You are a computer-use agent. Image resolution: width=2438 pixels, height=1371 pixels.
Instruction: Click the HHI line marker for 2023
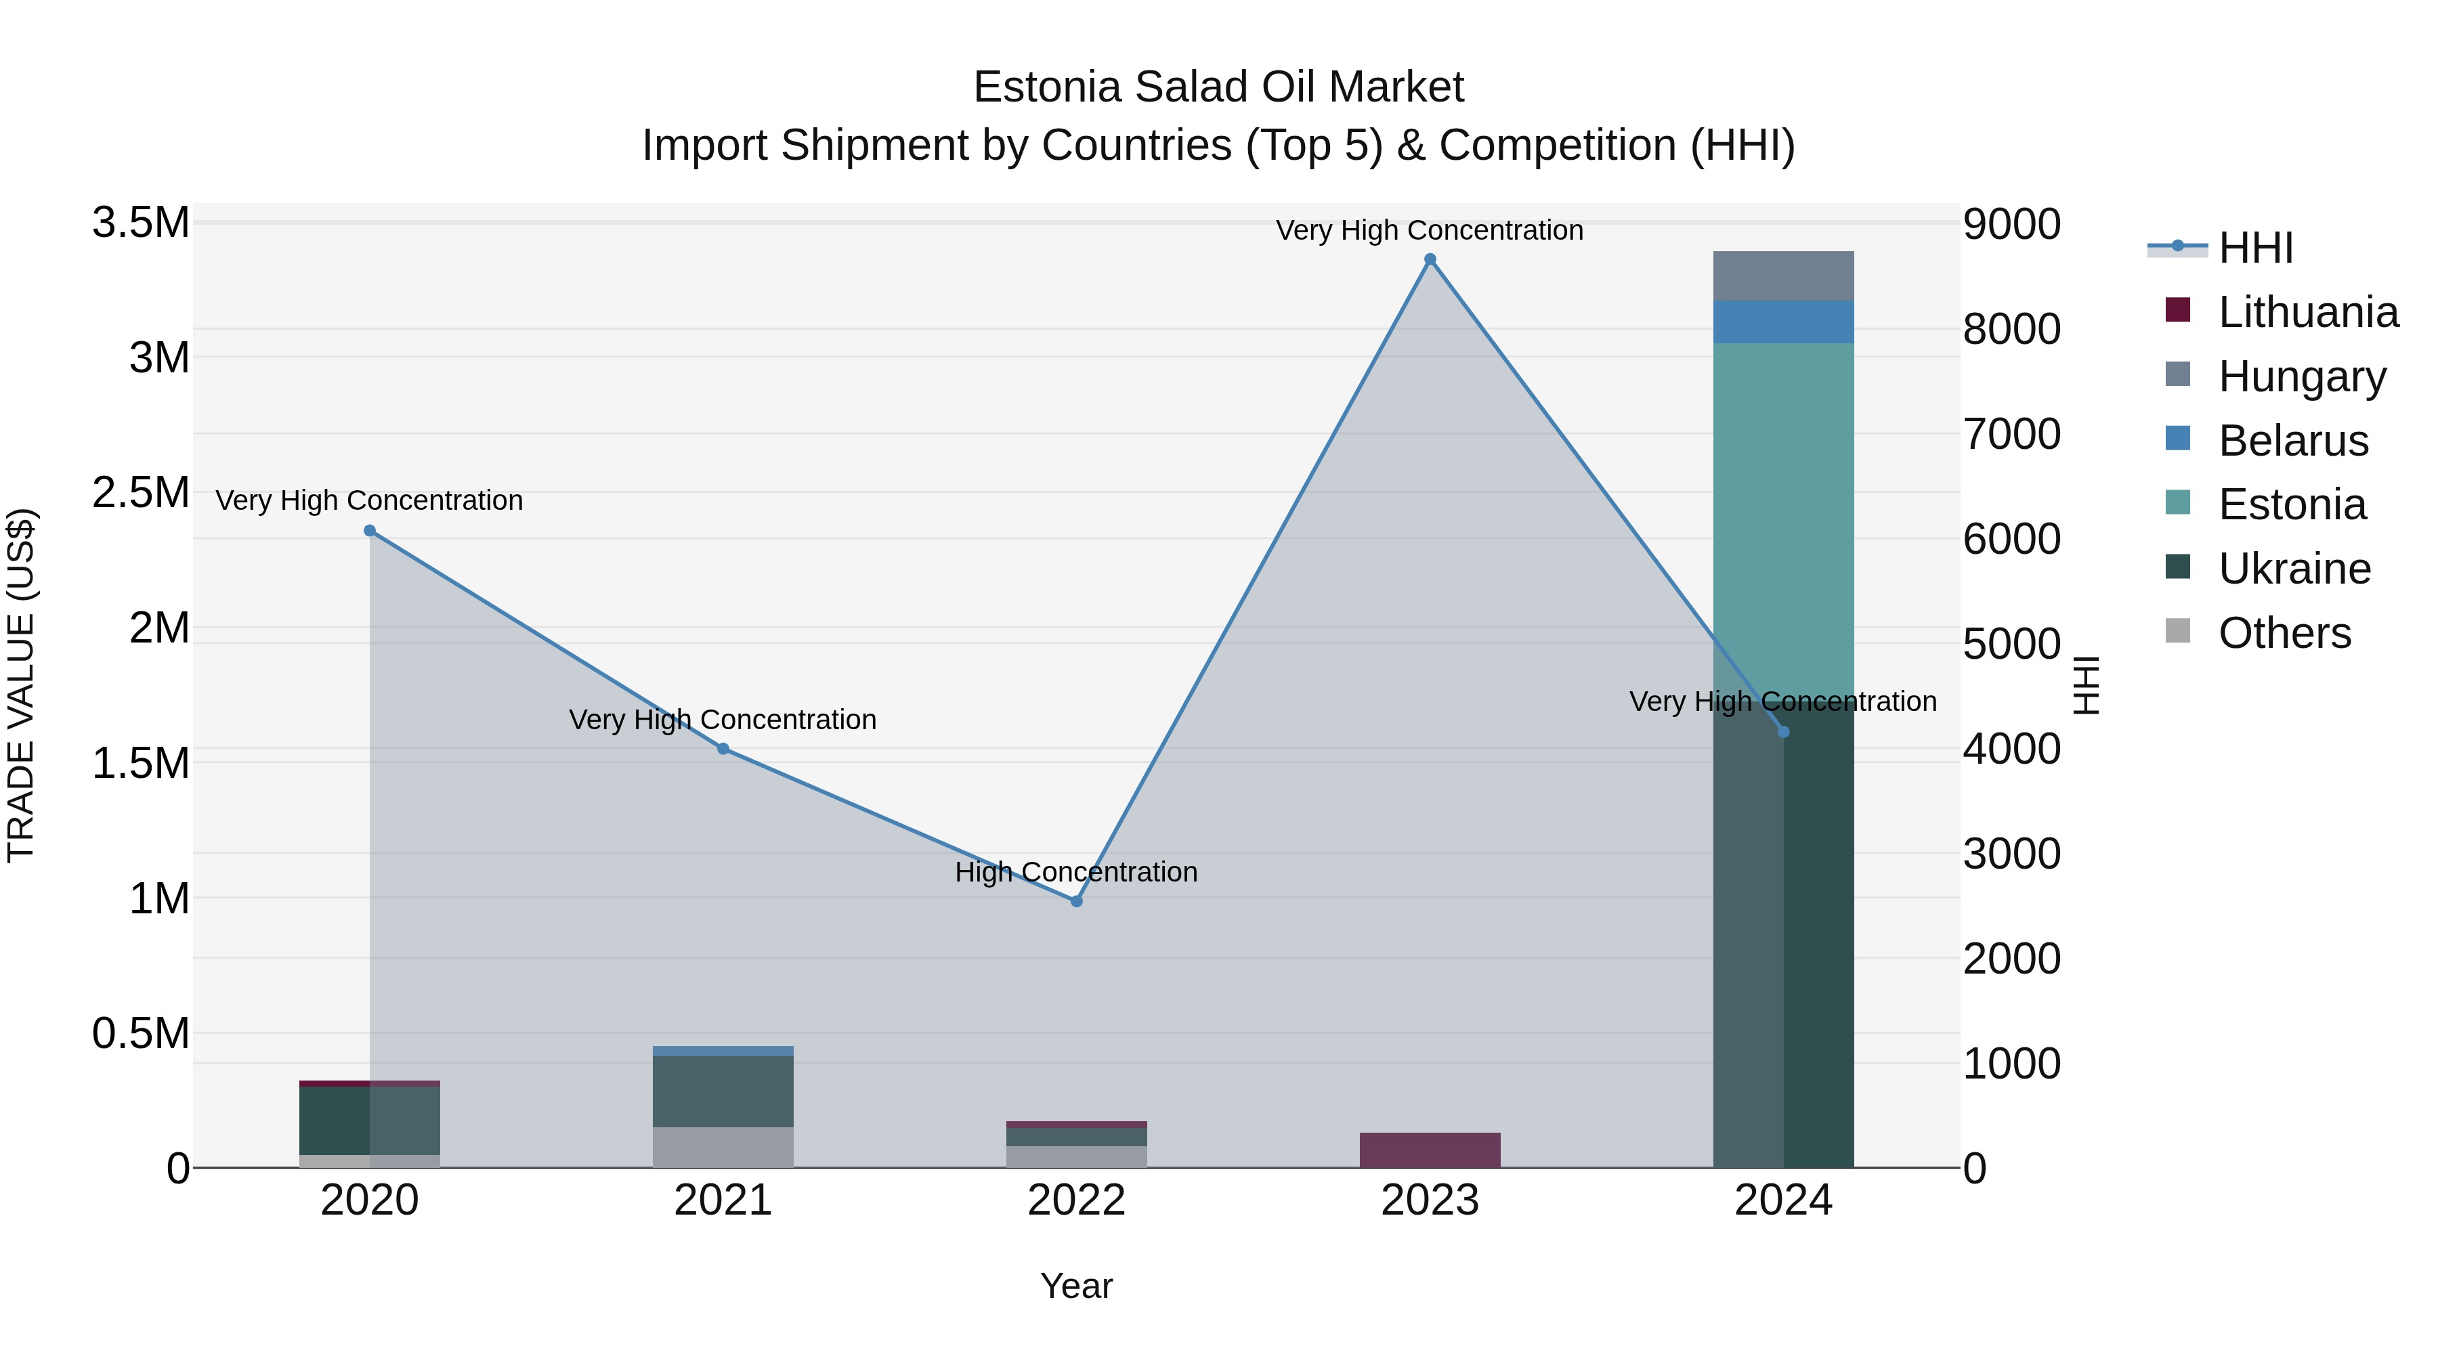(1429, 259)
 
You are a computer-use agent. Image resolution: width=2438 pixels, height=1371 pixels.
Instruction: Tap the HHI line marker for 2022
(1076, 900)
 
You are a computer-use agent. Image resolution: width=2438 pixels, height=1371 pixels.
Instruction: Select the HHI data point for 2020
(369, 531)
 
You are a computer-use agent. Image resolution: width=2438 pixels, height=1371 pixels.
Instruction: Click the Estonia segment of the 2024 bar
(1783, 521)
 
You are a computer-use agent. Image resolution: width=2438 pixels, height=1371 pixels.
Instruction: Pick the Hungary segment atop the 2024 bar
(1783, 276)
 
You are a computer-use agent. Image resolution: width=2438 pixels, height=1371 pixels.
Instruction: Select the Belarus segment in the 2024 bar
(1783, 322)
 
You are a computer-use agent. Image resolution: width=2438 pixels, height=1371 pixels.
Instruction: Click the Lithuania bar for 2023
(1429, 1150)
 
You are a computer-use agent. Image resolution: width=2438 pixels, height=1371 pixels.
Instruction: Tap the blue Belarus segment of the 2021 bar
(723, 1051)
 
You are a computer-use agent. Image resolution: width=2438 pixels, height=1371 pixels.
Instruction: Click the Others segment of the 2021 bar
(723, 1147)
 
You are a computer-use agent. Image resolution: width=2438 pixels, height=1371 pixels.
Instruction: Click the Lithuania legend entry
(2307, 312)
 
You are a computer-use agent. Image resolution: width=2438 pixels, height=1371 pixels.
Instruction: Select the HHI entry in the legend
(2254, 248)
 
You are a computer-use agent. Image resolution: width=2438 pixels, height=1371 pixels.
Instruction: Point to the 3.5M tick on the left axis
(140, 223)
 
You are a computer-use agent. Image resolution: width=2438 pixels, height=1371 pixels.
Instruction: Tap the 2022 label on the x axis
(1076, 1200)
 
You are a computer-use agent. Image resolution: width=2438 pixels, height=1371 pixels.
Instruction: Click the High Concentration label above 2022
(1076, 871)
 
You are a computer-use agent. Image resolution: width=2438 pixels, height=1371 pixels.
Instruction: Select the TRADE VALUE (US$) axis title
(21, 685)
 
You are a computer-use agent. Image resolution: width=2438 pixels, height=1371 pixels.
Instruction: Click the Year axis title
(1076, 1286)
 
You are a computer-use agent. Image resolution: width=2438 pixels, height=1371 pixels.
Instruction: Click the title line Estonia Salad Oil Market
(1218, 87)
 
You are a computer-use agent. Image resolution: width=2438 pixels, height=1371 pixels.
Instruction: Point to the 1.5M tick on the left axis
(140, 762)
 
